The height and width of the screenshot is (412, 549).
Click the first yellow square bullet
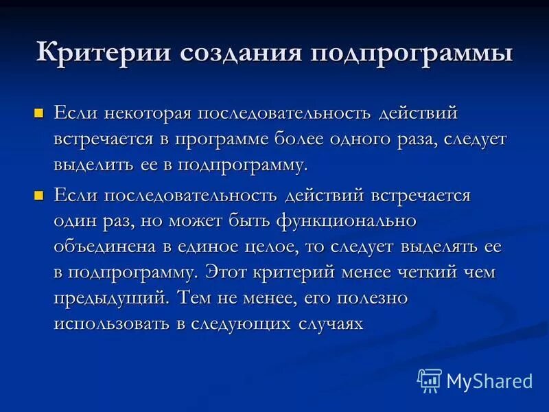39,112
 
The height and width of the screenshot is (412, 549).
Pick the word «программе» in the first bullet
257,139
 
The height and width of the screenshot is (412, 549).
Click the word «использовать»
113,324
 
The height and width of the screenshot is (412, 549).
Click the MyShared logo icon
429,380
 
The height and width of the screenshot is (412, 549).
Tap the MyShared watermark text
489,380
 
